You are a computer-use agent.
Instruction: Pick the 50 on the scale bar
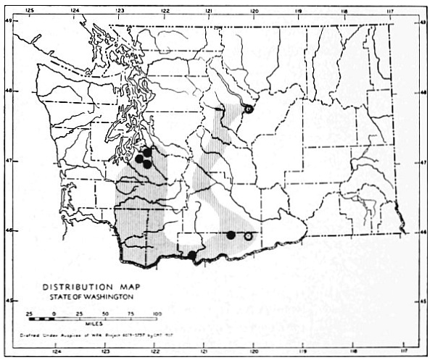pyautogui.click(x=106, y=313)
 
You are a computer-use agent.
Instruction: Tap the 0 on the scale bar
pyautogui.click(x=55, y=313)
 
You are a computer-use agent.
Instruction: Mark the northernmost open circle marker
pyautogui.click(x=248, y=109)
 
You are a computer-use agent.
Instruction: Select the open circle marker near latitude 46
pyautogui.click(x=248, y=236)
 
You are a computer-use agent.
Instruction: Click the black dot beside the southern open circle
pyautogui.click(x=231, y=235)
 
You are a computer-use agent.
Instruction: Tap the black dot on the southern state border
pyautogui.click(x=192, y=255)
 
